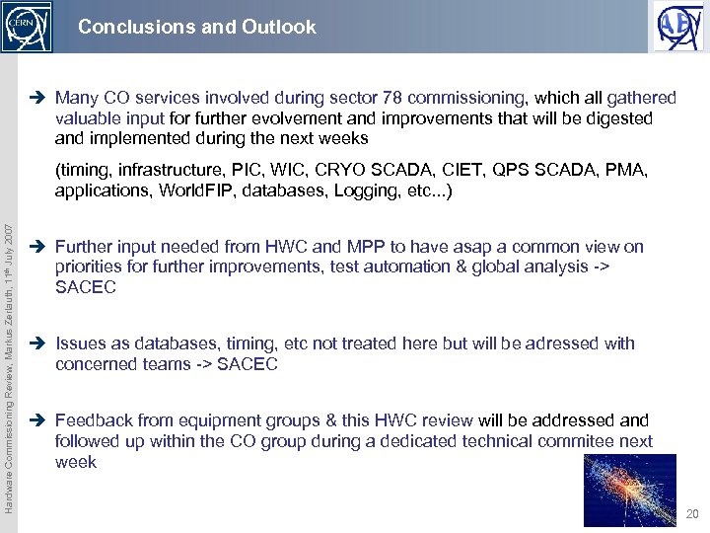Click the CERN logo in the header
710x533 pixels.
pyautogui.click(x=27, y=27)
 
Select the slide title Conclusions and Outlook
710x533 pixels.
pyautogui.click(x=197, y=28)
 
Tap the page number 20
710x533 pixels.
pyautogui.click(x=692, y=514)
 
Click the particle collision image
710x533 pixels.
pyautogui.click(x=629, y=490)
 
